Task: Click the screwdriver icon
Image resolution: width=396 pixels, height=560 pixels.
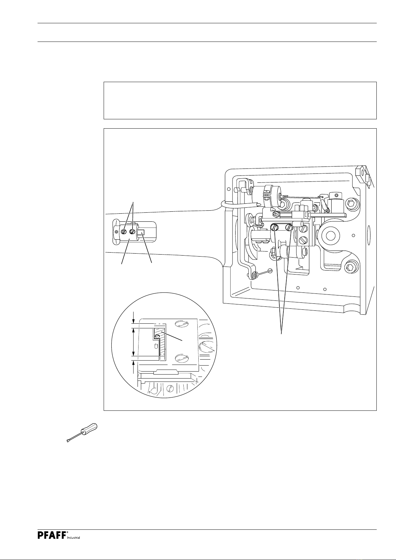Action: pos(81,433)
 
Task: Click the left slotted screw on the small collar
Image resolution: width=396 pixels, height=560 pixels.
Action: pos(124,231)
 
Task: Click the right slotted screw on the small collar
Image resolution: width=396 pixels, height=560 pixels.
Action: pos(133,231)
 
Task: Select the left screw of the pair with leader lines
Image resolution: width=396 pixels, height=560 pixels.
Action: pos(274,228)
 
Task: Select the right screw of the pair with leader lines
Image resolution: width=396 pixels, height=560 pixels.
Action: pos(290,228)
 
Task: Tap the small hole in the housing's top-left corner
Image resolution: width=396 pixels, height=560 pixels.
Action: pos(228,189)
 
